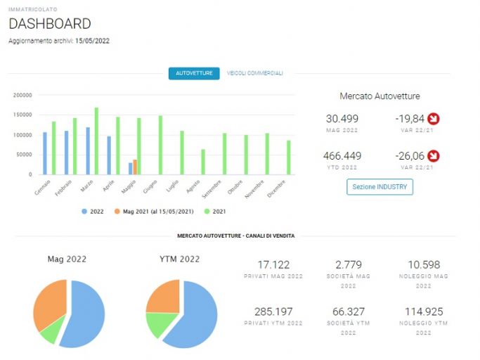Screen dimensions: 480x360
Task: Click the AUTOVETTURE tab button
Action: pyautogui.click(x=194, y=73)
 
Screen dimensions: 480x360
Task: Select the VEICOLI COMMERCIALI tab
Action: pyautogui.click(x=254, y=73)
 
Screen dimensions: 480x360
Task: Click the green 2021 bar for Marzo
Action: pyautogui.click(x=96, y=141)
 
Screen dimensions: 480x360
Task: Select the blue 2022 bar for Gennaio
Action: pyautogui.click(x=45, y=153)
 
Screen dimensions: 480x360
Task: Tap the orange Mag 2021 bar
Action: pyautogui.click(x=135, y=167)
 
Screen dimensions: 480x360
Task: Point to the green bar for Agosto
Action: pyautogui.click(x=203, y=162)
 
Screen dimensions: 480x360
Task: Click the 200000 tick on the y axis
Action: pyautogui.click(x=22, y=96)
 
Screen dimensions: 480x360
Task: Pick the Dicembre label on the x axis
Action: pyautogui.click(x=276, y=188)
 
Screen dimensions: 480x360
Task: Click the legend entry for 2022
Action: pyautogui.click(x=93, y=212)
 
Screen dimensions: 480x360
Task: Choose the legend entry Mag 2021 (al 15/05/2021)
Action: pyautogui.click(x=154, y=212)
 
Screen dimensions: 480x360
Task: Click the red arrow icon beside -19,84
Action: pyautogui.click(x=434, y=119)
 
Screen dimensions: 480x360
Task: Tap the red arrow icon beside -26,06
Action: pyautogui.click(x=434, y=156)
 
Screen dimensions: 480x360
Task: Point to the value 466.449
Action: pyautogui.click(x=342, y=156)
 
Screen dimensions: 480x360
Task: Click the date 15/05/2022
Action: pyautogui.click(x=93, y=41)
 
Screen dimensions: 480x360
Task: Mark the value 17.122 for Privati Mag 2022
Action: pyautogui.click(x=273, y=264)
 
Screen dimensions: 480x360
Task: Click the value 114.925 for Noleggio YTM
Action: pyautogui.click(x=424, y=311)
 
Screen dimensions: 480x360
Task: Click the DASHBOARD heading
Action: pyautogui.click(x=50, y=24)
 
